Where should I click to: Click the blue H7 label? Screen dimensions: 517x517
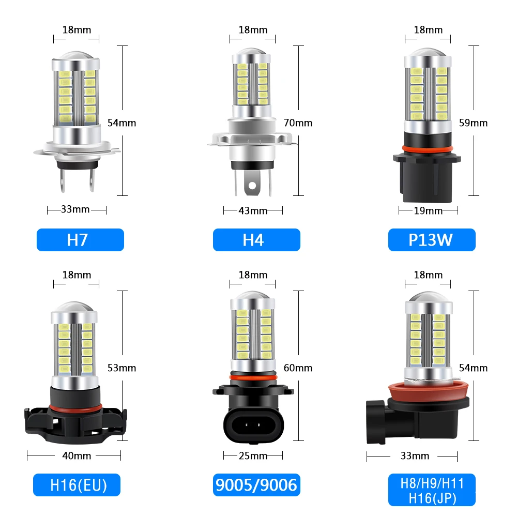click(80, 240)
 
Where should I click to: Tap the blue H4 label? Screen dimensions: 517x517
click(256, 240)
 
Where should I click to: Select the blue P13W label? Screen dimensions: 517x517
click(432, 240)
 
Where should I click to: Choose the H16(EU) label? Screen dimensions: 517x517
click(78, 485)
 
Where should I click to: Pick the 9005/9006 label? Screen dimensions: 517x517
click(256, 485)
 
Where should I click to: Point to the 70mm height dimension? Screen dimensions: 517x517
click(298, 123)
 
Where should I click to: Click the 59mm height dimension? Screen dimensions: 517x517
click(473, 123)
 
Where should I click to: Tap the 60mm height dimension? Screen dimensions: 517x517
click(298, 368)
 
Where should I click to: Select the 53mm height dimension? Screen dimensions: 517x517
click(121, 368)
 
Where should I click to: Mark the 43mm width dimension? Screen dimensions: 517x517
click(253, 210)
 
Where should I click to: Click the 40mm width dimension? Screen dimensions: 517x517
click(77, 455)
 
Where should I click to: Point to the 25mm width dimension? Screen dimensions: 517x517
click(253, 455)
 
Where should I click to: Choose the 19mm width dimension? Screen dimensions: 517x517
click(429, 210)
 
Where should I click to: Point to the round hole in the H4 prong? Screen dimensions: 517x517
click(252, 185)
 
